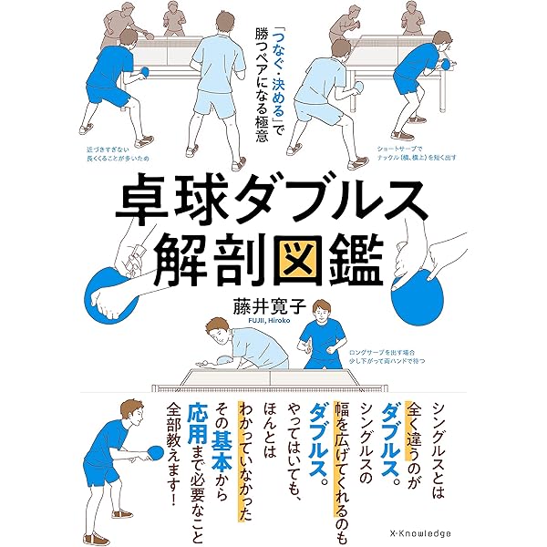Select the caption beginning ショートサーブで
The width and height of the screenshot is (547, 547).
coord(417,152)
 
